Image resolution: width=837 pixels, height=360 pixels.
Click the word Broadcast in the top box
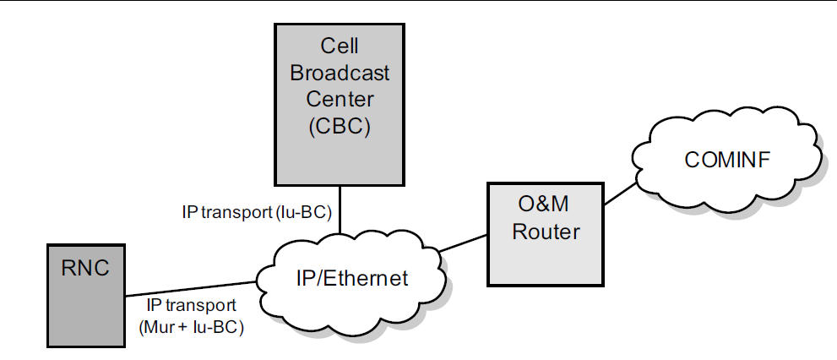pyautogui.click(x=340, y=73)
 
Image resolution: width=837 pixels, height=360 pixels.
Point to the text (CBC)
pyautogui.click(x=340, y=128)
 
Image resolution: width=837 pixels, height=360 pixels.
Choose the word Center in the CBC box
pyautogui.click(x=340, y=100)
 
